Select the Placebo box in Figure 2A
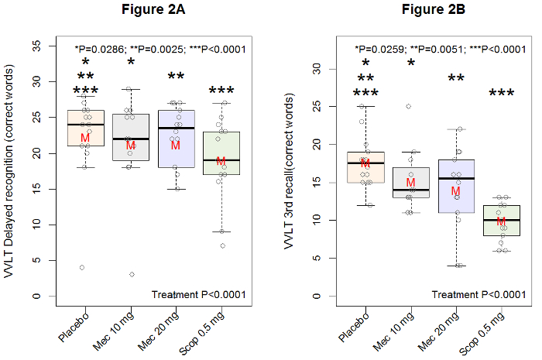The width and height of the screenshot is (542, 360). [x=85, y=128]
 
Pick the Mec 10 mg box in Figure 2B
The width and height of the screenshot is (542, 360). [x=410, y=183]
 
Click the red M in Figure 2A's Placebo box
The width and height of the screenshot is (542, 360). [x=85, y=138]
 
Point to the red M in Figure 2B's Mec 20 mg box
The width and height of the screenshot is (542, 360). [x=455, y=191]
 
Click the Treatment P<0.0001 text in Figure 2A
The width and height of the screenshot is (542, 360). [x=198, y=294]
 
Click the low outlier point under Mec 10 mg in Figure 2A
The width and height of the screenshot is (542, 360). [x=132, y=274]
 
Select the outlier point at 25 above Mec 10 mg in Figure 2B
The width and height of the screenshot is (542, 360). [x=408, y=106]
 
